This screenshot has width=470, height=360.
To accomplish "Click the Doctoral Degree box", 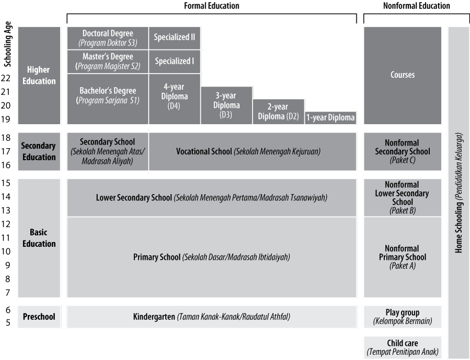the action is (x=108, y=38).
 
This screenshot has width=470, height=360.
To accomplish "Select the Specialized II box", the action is (x=174, y=38).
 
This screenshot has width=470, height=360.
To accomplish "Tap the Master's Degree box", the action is (x=108, y=62).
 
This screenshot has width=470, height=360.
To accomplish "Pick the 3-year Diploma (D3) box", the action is (x=226, y=105).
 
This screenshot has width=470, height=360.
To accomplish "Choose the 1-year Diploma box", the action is (x=331, y=118).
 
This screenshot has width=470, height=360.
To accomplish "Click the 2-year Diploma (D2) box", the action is (x=278, y=112).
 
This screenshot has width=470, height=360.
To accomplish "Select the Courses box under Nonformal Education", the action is (x=403, y=76).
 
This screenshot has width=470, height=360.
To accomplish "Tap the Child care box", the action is (x=403, y=347).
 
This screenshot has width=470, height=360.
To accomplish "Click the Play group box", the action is (x=403, y=317).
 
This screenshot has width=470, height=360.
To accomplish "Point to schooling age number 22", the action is (x=6, y=78).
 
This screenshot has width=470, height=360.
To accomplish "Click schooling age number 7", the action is (x=8, y=293).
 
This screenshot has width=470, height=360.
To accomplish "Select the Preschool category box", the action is (x=39, y=317).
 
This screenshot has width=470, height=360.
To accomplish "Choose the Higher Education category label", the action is (x=39, y=76).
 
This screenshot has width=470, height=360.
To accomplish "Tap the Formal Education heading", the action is (x=211, y=6).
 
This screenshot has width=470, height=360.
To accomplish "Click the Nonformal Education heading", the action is (x=417, y=6).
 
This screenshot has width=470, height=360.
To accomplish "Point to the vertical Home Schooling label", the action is (x=459, y=193).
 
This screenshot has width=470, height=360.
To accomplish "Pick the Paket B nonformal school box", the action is (x=403, y=198).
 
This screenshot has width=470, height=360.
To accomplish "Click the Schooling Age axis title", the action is (x=8, y=44).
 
